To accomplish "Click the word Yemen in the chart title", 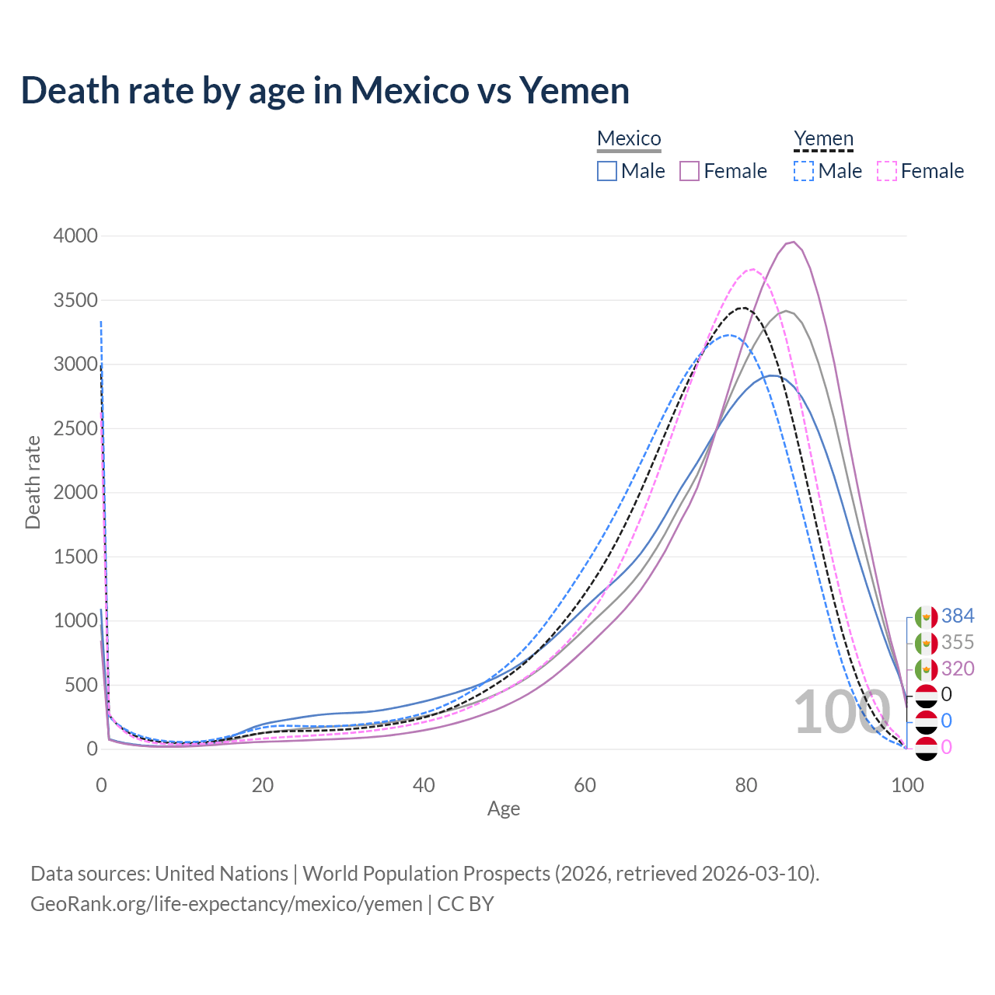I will (x=574, y=90).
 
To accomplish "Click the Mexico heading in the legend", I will (x=629, y=138).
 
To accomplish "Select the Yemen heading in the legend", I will (x=823, y=138).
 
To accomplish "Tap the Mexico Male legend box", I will (x=607, y=171).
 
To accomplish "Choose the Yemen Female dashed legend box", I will (x=887, y=171).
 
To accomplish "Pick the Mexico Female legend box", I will (x=690, y=171).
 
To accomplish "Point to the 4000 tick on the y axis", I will (x=75, y=236).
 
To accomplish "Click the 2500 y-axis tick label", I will (x=75, y=428).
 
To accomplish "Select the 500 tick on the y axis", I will (x=81, y=685).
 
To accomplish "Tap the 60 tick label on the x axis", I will (x=585, y=785).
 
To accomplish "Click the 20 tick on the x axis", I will (x=263, y=785).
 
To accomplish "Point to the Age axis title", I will (x=504, y=809).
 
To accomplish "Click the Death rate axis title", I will (x=33, y=482).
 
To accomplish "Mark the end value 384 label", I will (x=958, y=616).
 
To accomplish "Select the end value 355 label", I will (x=958, y=643).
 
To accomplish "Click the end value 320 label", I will (x=958, y=669).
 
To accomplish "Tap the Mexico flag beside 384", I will (x=926, y=617).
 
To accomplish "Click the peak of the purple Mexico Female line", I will (x=792, y=242).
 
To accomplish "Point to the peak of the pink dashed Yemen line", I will (x=752, y=269).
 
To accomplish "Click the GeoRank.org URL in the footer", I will (x=226, y=904).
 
